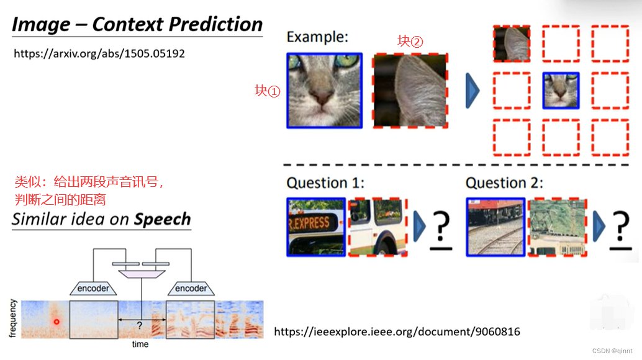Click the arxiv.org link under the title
pos(99,54)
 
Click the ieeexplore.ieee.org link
pos(397,331)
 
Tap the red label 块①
pos(268,91)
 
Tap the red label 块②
pos(410,41)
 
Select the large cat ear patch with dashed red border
pos(410,91)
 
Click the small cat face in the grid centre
pos(561,91)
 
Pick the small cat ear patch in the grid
pos(512,43)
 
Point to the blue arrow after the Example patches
pos(472,91)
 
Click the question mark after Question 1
pos(441,228)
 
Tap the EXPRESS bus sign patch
pos(316,227)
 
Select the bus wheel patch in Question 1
pos(378,227)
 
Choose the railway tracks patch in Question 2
pos(495,227)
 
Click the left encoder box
pos(94,288)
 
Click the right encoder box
pos(191,288)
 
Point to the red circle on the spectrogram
pos(57,322)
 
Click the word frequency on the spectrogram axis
pos(12,318)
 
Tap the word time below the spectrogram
pos(140,344)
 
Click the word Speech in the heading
pos(163,219)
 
